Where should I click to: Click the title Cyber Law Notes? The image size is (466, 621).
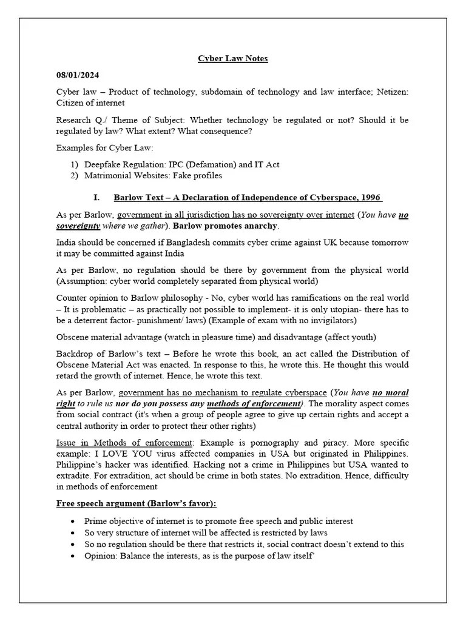coord(233,59)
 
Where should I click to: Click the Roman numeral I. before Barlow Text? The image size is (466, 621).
coord(96,198)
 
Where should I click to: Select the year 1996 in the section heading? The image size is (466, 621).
coord(371,198)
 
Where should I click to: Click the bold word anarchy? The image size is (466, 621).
coord(260,226)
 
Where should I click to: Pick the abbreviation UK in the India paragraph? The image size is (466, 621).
coord(316,243)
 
